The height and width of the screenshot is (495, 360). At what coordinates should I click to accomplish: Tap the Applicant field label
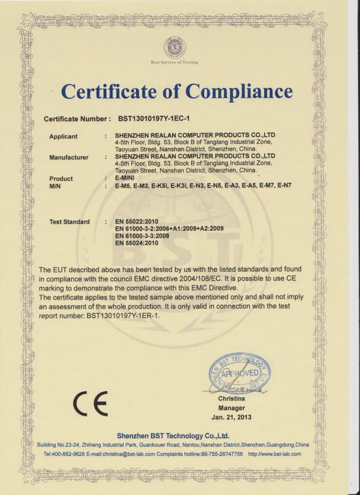(x=63, y=136)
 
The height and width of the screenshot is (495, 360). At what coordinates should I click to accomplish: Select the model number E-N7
(x=286, y=185)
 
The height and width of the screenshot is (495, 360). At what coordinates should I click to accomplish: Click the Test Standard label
(x=69, y=222)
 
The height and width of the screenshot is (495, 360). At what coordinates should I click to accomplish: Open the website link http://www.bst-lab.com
(x=275, y=454)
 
